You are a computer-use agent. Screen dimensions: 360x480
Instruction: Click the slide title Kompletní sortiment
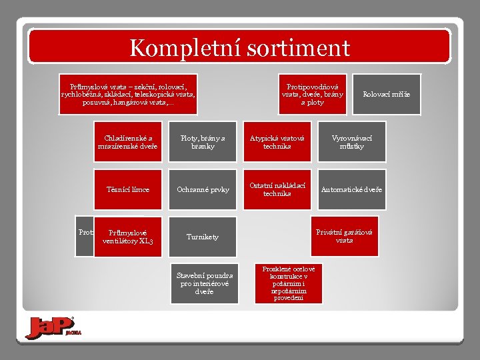[x=239, y=47]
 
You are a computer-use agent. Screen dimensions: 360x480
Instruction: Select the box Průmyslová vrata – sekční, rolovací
[x=128, y=94]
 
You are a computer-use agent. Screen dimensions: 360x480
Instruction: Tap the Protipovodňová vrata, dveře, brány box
[x=312, y=94]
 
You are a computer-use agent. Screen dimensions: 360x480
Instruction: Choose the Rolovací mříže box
[x=387, y=94]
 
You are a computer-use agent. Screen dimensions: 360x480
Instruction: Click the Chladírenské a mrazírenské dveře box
[x=128, y=142]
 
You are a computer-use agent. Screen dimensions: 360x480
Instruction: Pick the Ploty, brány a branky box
[x=203, y=142]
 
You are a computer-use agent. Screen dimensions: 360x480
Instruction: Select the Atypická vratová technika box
[x=277, y=142]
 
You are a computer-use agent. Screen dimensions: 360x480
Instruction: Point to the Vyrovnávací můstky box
[x=352, y=142]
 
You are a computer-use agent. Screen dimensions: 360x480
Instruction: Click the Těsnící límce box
[x=128, y=189]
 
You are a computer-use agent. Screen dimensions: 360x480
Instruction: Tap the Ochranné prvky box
[x=203, y=189]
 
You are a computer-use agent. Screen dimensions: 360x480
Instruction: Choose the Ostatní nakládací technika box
[x=277, y=189]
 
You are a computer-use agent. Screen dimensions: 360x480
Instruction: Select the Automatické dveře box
[x=352, y=189]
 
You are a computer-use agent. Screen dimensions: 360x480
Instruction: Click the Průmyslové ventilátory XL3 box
[x=128, y=237]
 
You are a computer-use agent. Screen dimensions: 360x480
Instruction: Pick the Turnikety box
[x=203, y=237]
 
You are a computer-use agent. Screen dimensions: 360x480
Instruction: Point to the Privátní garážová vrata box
[x=345, y=236]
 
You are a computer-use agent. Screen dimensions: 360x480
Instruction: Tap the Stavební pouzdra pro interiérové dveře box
[x=204, y=283]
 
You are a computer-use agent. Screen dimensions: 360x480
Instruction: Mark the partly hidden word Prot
[x=85, y=232]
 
